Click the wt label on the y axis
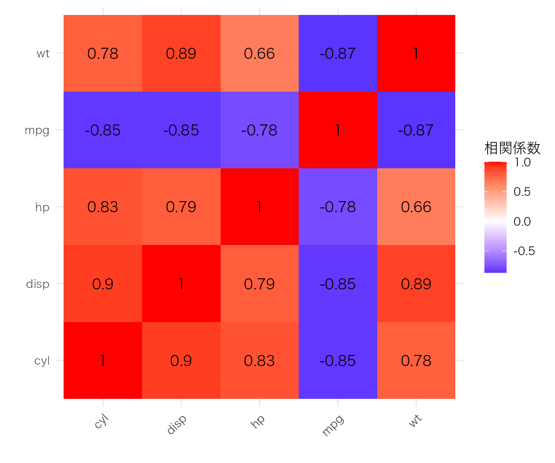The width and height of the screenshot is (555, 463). click(x=43, y=54)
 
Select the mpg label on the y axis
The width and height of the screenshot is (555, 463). click(x=37, y=130)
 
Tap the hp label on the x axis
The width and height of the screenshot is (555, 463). click(x=257, y=421)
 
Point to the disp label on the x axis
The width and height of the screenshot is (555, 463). click(x=176, y=424)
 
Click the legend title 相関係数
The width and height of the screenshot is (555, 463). click(x=512, y=148)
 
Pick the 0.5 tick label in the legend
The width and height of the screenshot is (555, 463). click(x=522, y=191)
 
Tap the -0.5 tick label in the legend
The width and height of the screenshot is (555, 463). click(x=524, y=251)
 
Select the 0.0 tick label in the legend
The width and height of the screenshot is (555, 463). click(x=522, y=221)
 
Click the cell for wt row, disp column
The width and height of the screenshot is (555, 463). click(x=181, y=54)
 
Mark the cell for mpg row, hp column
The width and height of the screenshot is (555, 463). click(x=260, y=130)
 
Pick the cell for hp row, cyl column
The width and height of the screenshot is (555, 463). click(x=103, y=207)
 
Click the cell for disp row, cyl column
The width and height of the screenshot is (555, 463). click(x=103, y=284)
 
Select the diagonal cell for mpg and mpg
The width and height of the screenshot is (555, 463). click(x=338, y=130)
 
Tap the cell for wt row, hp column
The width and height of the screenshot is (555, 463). click(x=260, y=54)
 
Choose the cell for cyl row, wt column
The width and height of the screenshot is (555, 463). click(x=416, y=360)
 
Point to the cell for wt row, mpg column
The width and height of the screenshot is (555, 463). click(x=338, y=54)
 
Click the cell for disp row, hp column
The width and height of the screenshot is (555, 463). click(x=260, y=284)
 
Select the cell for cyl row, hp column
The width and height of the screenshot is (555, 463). click(x=260, y=360)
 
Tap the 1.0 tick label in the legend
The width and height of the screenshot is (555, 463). click(x=522, y=163)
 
